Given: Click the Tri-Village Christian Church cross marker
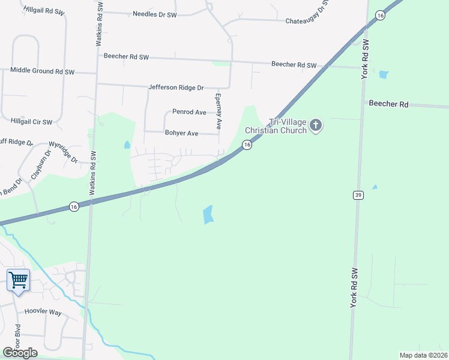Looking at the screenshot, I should pos(316,126).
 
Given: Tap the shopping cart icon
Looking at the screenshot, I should pos(18,280).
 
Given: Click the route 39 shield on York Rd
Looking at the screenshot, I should pos(358,195).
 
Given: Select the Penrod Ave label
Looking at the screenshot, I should pos(189,112).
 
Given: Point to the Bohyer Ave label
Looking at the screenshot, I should pos(181,133).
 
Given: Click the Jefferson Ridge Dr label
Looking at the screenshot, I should pos(176,88).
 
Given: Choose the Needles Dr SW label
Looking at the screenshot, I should pos(155,14).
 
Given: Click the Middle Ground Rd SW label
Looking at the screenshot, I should pos(42,71).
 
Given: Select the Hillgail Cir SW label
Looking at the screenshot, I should pos(32,121).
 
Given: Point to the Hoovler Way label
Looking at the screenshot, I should pos(43,313).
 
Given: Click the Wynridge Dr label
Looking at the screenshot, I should pos(63,152).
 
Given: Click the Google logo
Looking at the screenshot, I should pos(20,353).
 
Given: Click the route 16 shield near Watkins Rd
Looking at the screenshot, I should pos(74,206).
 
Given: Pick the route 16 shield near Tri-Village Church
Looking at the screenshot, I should pos(246,145).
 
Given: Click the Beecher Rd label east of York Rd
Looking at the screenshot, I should pos(388,104).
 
